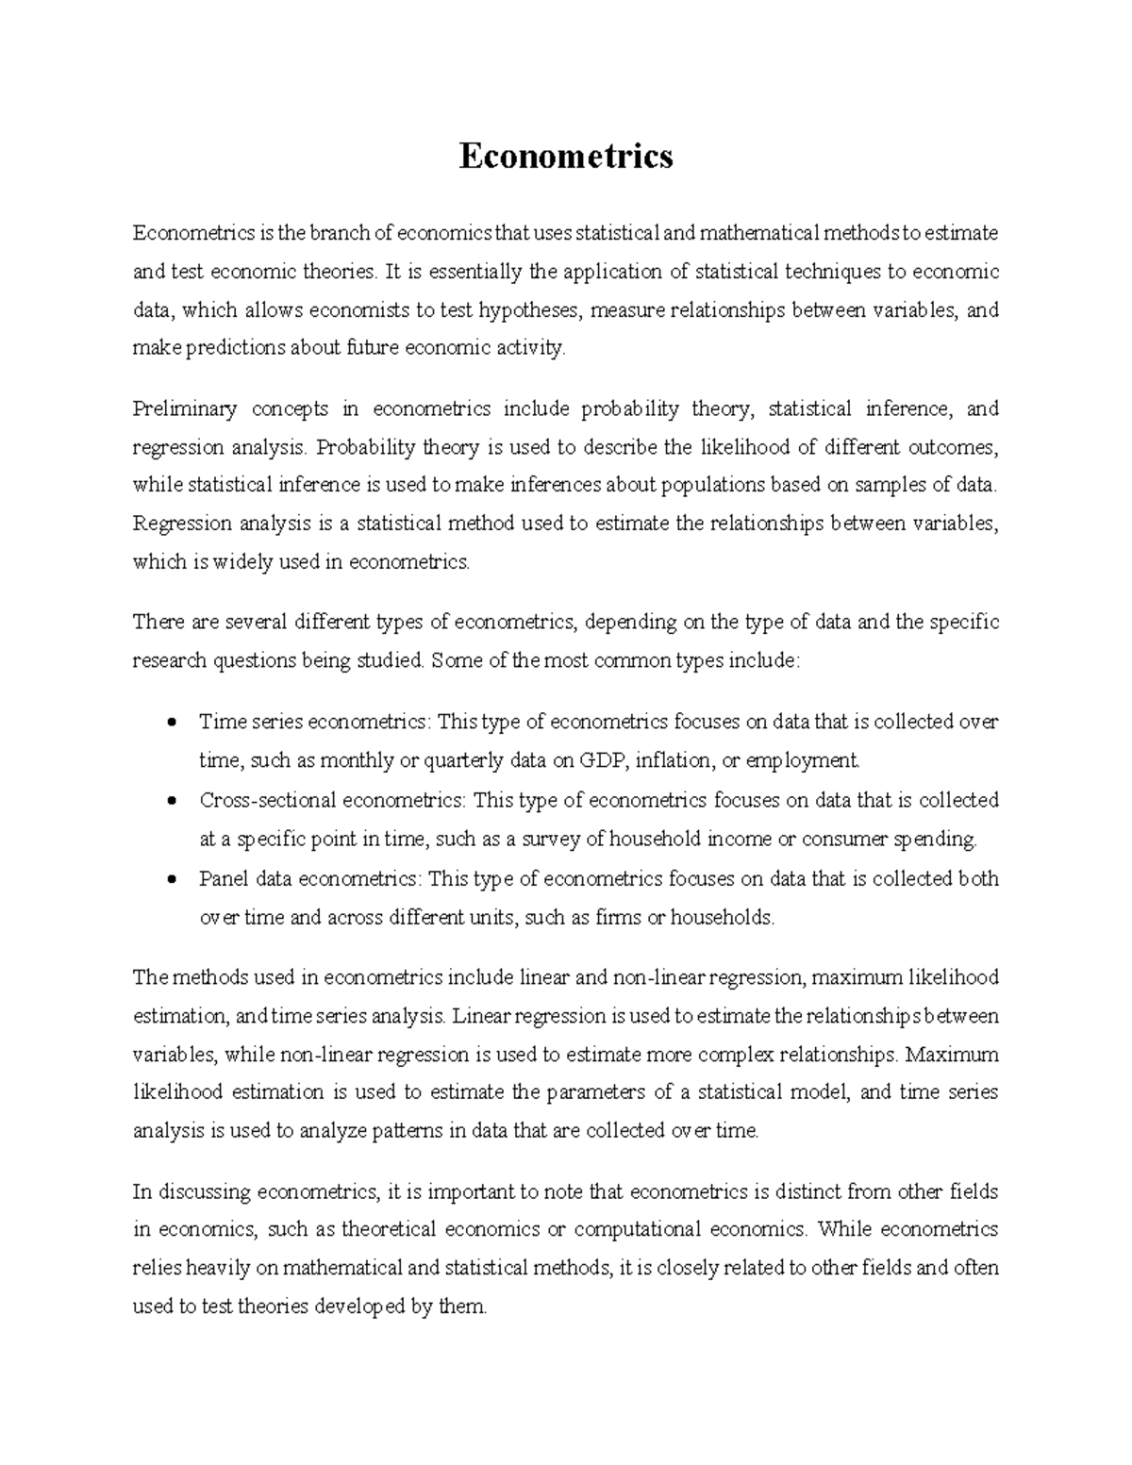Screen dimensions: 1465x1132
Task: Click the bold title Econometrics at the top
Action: (566, 156)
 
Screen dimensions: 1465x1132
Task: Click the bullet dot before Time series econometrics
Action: (171, 724)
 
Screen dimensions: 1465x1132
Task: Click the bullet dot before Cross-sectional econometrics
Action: (171, 802)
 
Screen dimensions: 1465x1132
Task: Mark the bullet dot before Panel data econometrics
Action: (171, 880)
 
